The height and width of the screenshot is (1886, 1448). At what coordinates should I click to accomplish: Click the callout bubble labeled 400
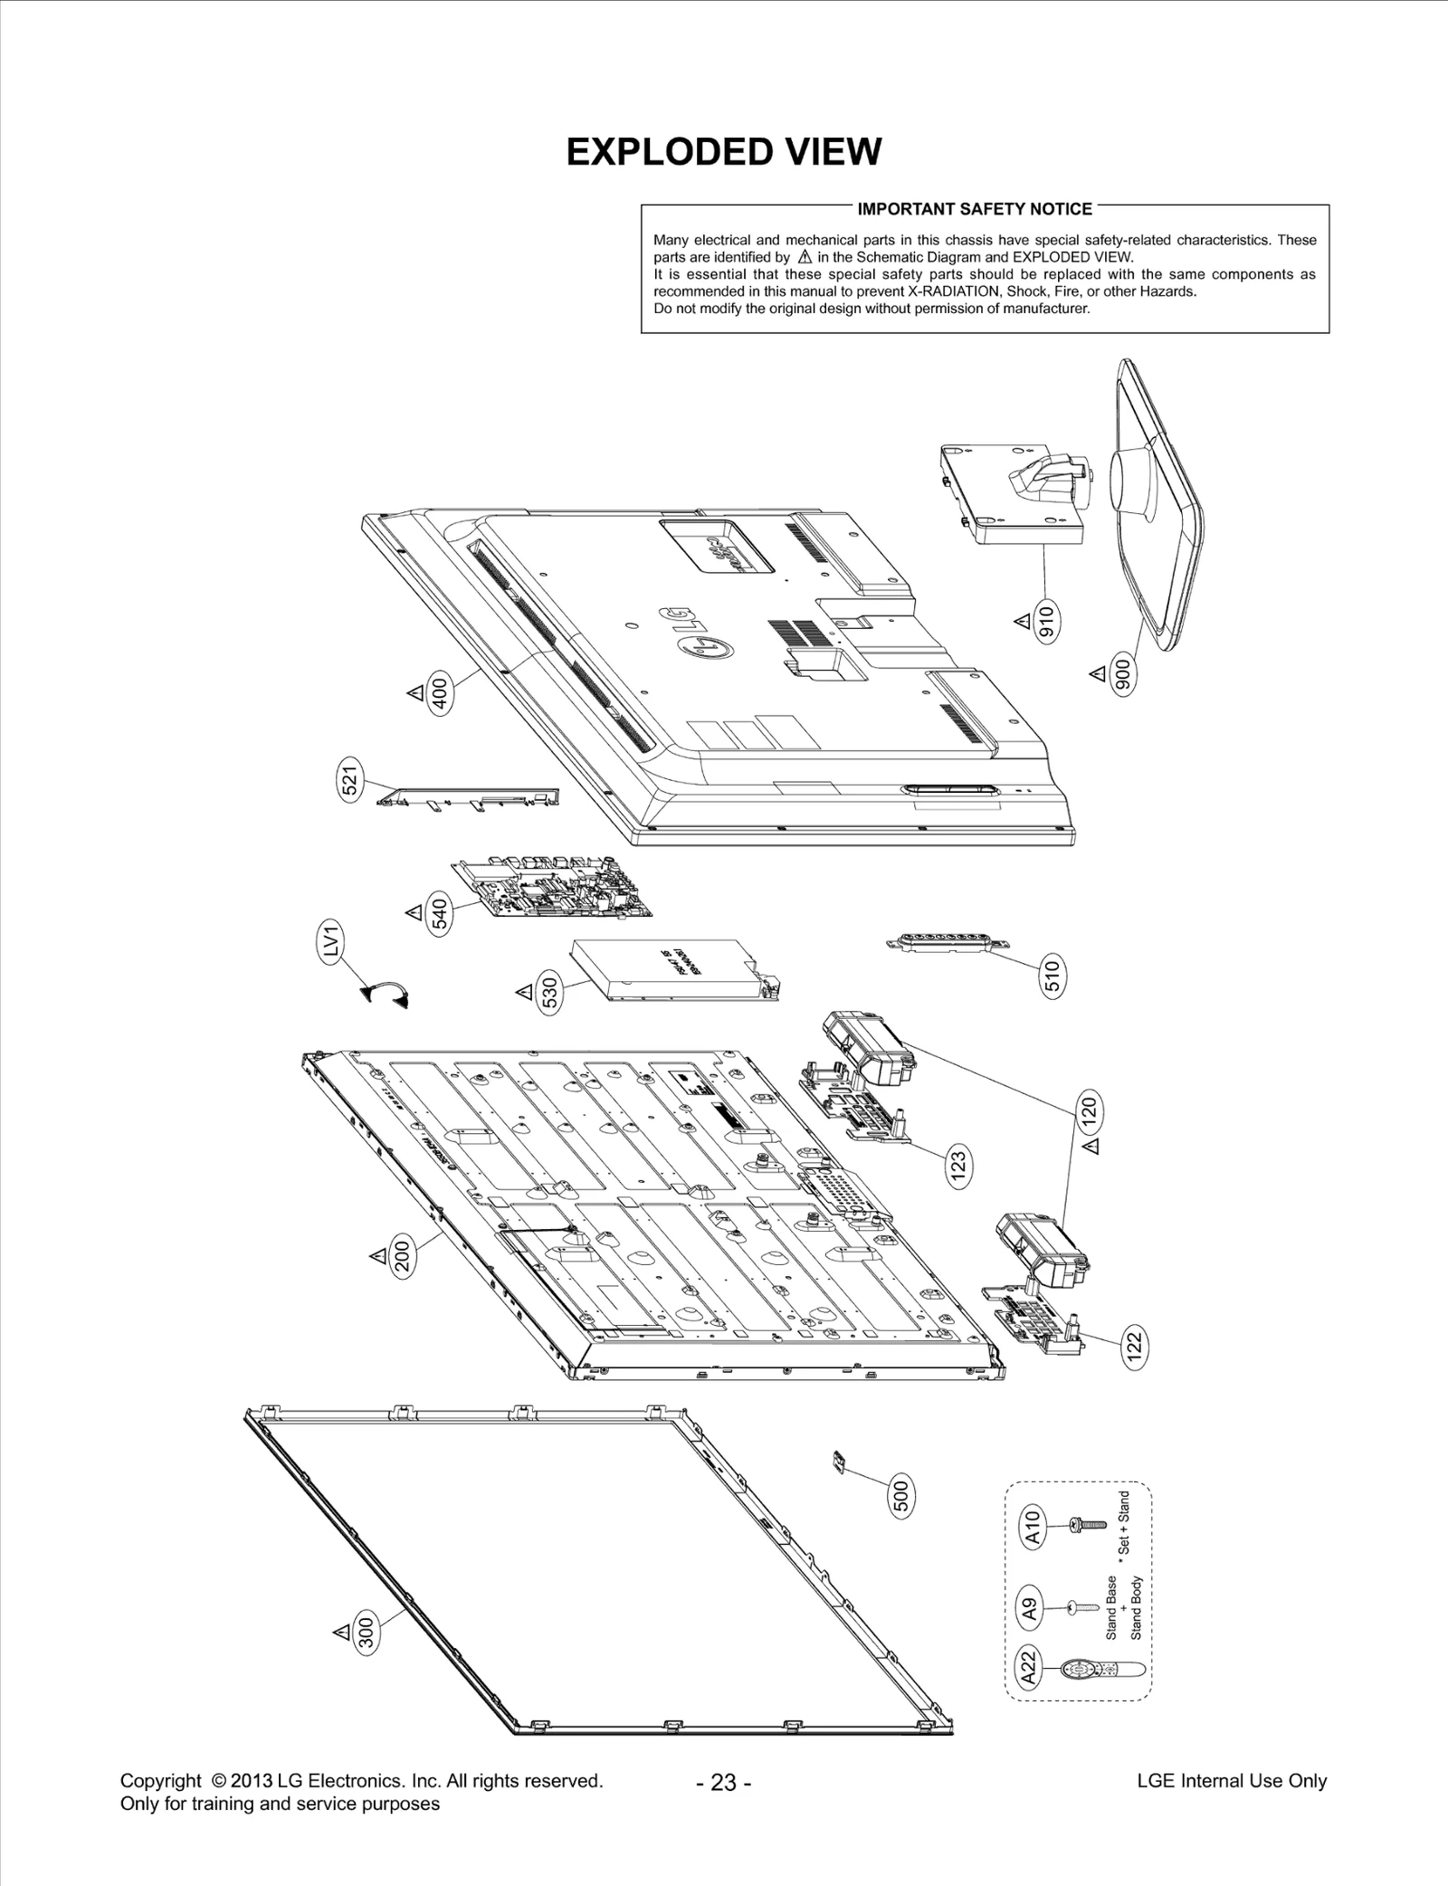(x=441, y=693)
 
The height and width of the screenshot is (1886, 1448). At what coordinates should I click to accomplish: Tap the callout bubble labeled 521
(x=350, y=778)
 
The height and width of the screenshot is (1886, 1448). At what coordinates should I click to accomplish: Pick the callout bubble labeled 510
(x=1052, y=976)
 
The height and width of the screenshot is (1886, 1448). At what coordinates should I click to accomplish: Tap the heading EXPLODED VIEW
(x=723, y=152)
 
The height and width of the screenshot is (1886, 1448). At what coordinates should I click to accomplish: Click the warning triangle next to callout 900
(x=1098, y=674)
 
